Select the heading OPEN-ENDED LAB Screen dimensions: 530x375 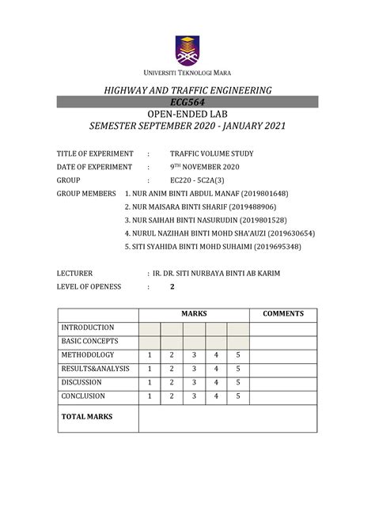187,115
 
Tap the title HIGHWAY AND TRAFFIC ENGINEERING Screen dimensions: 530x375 187,90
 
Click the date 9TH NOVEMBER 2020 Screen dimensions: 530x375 204,167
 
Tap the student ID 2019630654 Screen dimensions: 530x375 291,234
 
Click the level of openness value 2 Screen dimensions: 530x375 172,287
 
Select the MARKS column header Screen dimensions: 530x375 194,314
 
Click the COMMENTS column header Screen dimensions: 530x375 283,314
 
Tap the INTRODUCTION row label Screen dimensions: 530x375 88,327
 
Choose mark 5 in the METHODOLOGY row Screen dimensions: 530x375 238,355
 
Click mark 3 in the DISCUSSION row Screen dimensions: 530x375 194,383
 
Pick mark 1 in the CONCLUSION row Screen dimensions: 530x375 150,396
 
